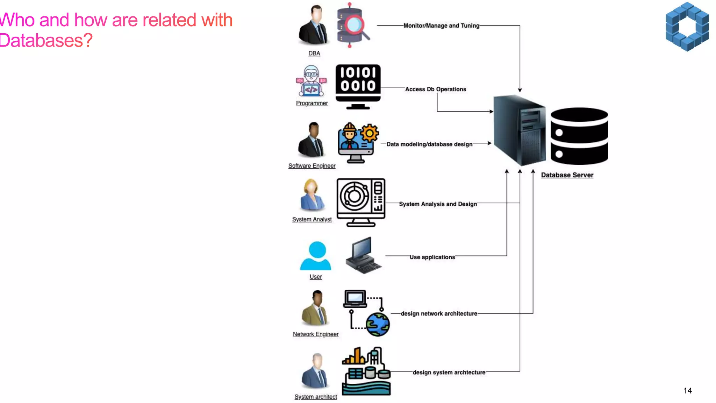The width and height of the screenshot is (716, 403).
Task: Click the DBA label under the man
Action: coord(314,53)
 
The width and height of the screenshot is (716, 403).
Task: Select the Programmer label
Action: coord(312,103)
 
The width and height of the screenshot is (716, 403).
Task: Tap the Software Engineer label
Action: coord(312,166)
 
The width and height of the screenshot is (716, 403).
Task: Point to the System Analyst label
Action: coord(312,219)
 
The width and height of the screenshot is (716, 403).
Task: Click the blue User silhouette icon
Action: coord(315,256)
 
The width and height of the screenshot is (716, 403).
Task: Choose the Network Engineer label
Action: coord(316,334)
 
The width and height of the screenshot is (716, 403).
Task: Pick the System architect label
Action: coord(316,397)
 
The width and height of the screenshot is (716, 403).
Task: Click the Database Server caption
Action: coord(567,175)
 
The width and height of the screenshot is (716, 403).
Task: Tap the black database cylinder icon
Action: coord(579,136)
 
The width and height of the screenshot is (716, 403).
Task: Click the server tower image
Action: coord(520,130)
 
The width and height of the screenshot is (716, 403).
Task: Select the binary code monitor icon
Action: coord(358,87)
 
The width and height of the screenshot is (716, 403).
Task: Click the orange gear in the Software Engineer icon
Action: coord(370,133)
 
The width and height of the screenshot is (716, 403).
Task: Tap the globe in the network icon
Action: coord(378,325)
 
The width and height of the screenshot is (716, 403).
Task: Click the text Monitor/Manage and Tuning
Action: coord(442,26)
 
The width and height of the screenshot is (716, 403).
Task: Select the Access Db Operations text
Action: coord(436,89)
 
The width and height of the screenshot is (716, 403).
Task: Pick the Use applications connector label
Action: coord(432,257)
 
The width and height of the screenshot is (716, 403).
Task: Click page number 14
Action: coord(688,391)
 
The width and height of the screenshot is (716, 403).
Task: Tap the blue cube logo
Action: coord(687,27)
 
